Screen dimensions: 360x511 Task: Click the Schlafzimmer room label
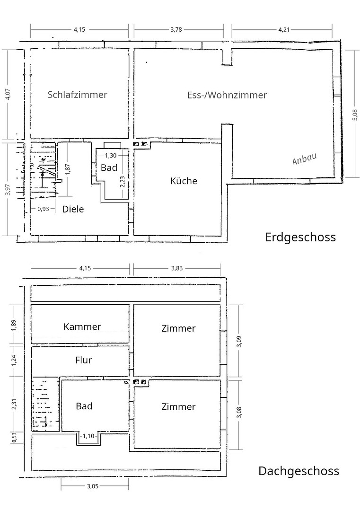coord(77,95)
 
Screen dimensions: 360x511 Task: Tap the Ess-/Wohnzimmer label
coord(227,95)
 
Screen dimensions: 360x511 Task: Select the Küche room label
coord(184,181)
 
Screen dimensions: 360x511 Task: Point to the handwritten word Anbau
coord(304,159)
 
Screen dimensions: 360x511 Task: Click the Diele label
coord(73,209)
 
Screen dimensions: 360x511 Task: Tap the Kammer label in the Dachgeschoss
coord(82,326)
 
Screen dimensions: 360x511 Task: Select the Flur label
coord(83,360)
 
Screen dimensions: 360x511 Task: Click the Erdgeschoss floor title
coord(300,237)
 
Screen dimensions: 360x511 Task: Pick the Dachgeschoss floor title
coord(299,471)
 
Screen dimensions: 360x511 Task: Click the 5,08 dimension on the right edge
coord(355,115)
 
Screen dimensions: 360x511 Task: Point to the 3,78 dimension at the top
coord(176,30)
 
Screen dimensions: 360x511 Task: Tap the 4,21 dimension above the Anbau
coord(284,30)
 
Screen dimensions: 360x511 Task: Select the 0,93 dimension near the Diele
coord(43,209)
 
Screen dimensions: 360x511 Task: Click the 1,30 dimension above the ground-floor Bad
coord(110,156)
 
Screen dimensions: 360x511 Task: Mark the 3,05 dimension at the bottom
coord(93,486)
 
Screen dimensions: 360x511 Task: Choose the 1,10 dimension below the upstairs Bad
coord(88,436)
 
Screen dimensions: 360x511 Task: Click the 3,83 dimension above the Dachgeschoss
coord(177,268)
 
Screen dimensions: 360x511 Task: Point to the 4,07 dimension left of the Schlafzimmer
coord(9,94)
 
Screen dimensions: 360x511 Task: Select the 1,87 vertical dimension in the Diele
coord(68,169)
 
